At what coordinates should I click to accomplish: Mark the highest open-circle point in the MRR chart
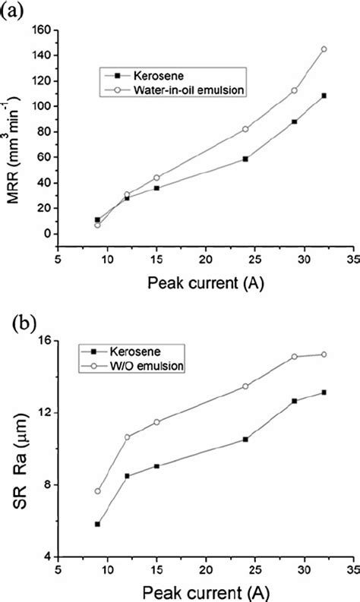click(324, 49)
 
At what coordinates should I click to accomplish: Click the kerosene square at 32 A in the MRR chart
click(324, 96)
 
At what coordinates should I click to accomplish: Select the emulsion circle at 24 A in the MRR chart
click(245, 129)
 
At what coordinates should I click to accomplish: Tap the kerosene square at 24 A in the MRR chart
click(245, 159)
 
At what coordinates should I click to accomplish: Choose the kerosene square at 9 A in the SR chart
click(98, 524)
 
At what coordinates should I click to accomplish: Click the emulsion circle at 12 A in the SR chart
click(128, 437)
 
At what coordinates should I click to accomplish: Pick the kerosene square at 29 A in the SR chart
click(294, 401)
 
